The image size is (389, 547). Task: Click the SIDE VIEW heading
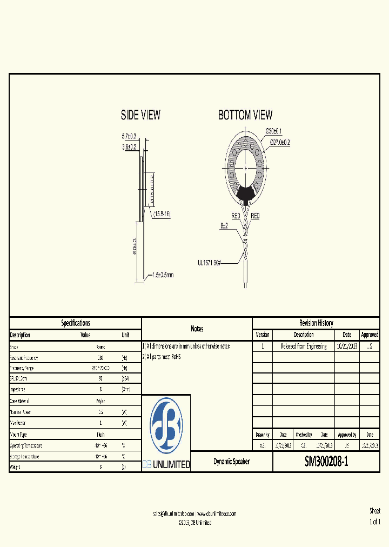click(140, 115)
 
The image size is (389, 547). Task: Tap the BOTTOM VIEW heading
click(245, 115)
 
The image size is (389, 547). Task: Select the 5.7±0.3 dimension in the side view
click(129, 136)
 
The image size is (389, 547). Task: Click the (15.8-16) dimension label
click(161, 215)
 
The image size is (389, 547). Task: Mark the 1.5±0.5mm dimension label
click(162, 275)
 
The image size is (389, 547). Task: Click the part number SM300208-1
click(326, 462)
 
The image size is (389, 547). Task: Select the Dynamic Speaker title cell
click(231, 462)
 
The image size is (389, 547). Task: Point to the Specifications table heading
click(76, 323)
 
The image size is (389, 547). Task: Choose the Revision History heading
click(316, 323)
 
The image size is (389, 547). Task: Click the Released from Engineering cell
click(303, 346)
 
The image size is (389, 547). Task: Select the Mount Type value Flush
click(100, 435)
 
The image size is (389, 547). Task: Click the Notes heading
click(197, 329)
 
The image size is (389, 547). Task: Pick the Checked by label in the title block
click(303, 435)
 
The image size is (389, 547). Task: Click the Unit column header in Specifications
click(125, 335)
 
